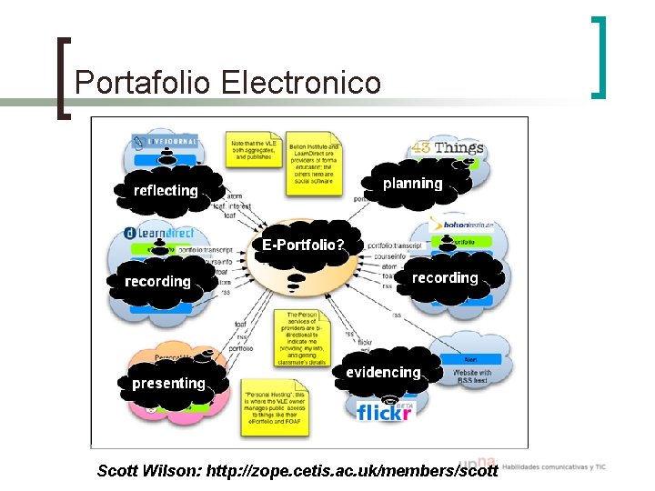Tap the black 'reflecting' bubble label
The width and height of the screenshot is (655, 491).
pos(165,190)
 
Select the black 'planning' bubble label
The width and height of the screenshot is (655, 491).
pos(412,183)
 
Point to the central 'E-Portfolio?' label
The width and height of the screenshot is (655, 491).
pos(303,245)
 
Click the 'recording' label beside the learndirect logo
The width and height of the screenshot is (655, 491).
pos(157,281)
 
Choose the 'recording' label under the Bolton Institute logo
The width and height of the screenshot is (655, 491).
pos(445,277)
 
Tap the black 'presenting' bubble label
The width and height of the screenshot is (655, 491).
pos(168,383)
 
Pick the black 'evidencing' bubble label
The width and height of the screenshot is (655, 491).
pos(383,372)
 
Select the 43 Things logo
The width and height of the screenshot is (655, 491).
pos(447,147)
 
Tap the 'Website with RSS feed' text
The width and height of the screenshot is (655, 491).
pos(472,376)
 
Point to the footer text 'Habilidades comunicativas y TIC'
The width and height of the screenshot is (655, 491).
pos(554,467)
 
